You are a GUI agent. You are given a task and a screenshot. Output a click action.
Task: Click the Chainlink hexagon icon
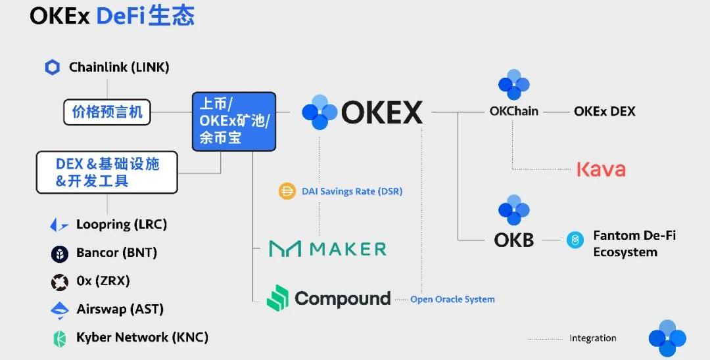click(x=53, y=68)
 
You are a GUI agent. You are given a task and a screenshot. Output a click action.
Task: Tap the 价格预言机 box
click(x=107, y=112)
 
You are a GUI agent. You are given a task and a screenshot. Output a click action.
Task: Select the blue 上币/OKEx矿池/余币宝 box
click(x=234, y=122)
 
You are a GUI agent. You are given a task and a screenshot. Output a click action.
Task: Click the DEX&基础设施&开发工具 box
click(x=106, y=172)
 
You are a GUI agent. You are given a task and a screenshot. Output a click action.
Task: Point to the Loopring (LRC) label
click(x=122, y=225)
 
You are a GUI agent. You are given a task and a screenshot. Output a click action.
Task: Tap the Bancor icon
click(x=60, y=254)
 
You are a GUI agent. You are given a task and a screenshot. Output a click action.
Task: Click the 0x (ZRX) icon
click(x=60, y=282)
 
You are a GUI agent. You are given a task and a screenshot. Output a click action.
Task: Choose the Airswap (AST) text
click(x=120, y=309)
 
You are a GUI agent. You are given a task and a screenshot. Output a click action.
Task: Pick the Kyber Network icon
click(x=60, y=338)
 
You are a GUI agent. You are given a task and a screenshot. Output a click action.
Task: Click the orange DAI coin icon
click(x=287, y=192)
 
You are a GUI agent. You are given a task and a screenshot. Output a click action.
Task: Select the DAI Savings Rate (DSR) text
click(x=352, y=192)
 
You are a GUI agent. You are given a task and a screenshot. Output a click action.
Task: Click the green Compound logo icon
click(x=277, y=298)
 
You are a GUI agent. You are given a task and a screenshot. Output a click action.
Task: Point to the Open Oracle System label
click(x=452, y=300)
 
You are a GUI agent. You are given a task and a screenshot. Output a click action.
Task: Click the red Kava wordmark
click(x=601, y=169)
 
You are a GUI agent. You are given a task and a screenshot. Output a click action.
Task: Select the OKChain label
click(x=513, y=112)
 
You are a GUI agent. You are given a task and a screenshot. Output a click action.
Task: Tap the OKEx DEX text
click(x=604, y=112)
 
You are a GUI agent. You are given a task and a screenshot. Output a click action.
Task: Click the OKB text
click(x=514, y=240)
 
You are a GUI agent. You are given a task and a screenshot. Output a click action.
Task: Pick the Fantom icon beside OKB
click(x=575, y=240)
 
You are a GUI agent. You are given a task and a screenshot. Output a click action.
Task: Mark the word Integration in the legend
click(x=592, y=338)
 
